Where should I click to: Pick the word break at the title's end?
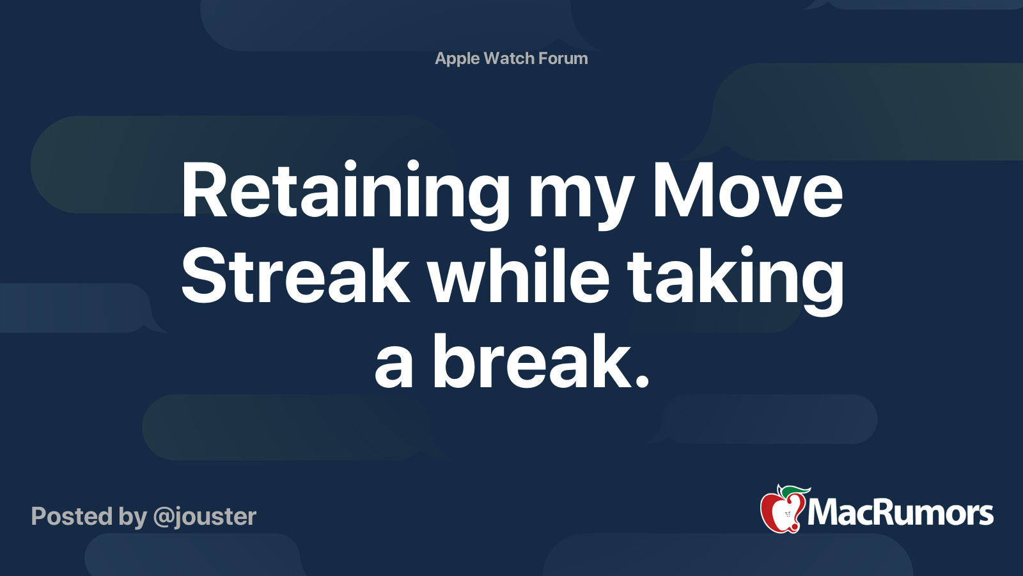pos(531,362)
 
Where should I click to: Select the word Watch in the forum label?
pos(509,58)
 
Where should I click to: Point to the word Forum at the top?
pos(563,58)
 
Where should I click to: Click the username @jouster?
pos(205,516)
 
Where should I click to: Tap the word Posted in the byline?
pos(70,516)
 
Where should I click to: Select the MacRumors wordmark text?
pos(900,513)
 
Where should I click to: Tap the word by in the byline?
pos(132,516)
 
